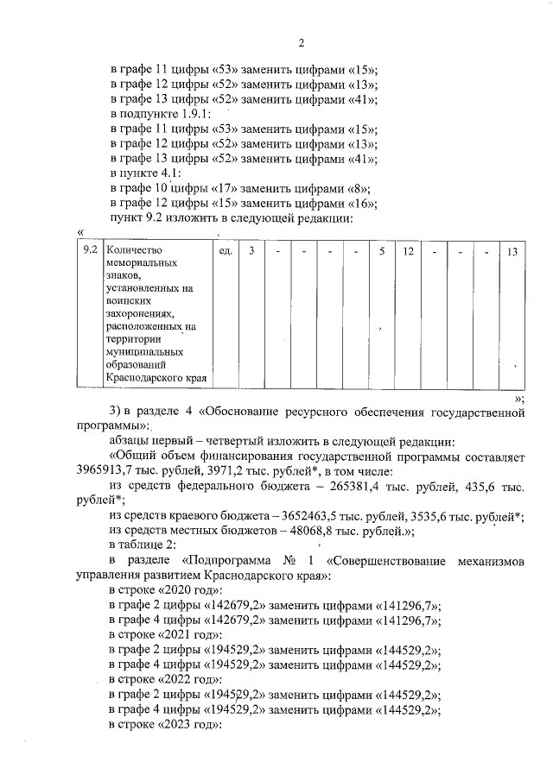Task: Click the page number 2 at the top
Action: pos(302,43)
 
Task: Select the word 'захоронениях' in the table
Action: pos(138,315)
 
